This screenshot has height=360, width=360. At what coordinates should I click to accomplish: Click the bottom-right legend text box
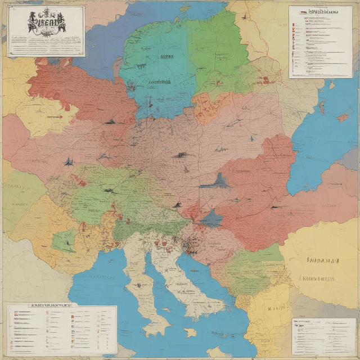pos(324,337)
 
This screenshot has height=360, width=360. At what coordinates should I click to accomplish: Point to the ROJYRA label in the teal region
pos(167,57)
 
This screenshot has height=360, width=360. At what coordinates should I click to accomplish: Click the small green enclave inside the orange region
pos(64,240)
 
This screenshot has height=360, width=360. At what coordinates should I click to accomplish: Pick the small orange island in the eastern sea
pos(342,118)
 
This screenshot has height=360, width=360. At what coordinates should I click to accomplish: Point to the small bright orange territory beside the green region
pos(211,107)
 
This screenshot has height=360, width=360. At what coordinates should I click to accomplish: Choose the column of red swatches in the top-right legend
pos(294,45)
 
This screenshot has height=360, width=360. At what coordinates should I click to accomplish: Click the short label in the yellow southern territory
pos(276,308)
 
